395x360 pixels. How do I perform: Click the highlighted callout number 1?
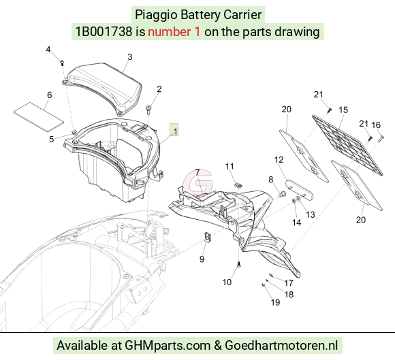click(175, 131)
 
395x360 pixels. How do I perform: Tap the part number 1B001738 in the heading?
click(104, 32)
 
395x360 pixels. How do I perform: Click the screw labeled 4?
click(62, 63)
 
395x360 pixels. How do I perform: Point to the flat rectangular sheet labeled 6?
click(39, 116)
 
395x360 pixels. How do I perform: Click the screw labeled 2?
click(148, 110)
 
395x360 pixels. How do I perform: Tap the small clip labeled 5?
click(74, 132)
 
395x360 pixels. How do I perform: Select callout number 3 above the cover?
click(129, 57)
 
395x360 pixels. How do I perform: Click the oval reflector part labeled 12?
click(299, 189)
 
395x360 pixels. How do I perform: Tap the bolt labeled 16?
click(381, 138)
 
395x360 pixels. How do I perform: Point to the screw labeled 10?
click(239, 265)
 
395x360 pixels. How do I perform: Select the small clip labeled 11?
click(238, 185)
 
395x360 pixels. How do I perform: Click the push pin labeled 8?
click(283, 194)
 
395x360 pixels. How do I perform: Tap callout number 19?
click(275, 302)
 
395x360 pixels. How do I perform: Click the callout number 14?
click(296, 223)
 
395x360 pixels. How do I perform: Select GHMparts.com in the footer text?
click(168, 346)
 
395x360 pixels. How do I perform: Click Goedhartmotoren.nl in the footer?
click(281, 345)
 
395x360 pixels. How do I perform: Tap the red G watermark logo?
click(197, 183)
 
